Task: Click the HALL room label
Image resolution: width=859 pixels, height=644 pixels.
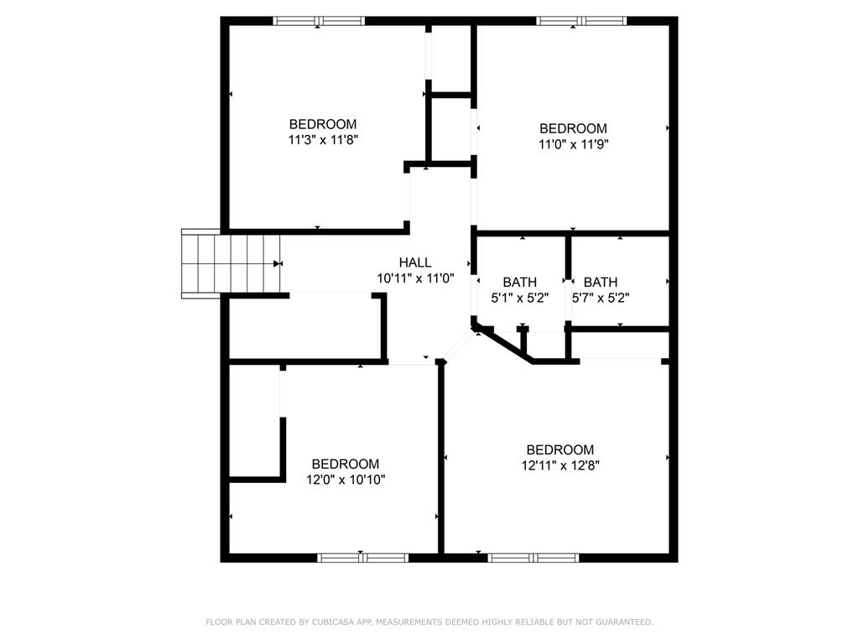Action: (x=415, y=262)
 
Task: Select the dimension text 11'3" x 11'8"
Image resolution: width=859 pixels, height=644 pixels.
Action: (x=323, y=140)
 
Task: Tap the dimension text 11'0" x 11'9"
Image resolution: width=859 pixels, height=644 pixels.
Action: (x=573, y=144)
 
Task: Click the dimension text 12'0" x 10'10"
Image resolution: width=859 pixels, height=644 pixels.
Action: (x=346, y=480)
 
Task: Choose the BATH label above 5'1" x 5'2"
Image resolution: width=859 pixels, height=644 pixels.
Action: (x=519, y=283)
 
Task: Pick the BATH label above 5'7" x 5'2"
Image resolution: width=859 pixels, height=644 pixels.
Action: (x=601, y=283)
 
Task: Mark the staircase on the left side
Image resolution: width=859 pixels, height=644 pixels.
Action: (x=231, y=263)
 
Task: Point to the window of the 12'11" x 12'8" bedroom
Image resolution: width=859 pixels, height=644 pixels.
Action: (x=534, y=557)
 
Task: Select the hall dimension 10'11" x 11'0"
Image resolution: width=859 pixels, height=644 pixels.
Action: (x=415, y=278)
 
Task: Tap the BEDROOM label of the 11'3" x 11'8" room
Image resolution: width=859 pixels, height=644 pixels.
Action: (x=323, y=124)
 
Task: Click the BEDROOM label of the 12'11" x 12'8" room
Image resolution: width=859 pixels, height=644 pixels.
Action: (x=560, y=449)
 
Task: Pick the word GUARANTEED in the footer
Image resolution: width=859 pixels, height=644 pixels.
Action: (x=623, y=622)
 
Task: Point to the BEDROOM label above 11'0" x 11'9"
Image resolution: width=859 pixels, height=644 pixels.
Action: (x=573, y=128)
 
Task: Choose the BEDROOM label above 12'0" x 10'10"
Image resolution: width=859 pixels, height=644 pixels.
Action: (x=346, y=464)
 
